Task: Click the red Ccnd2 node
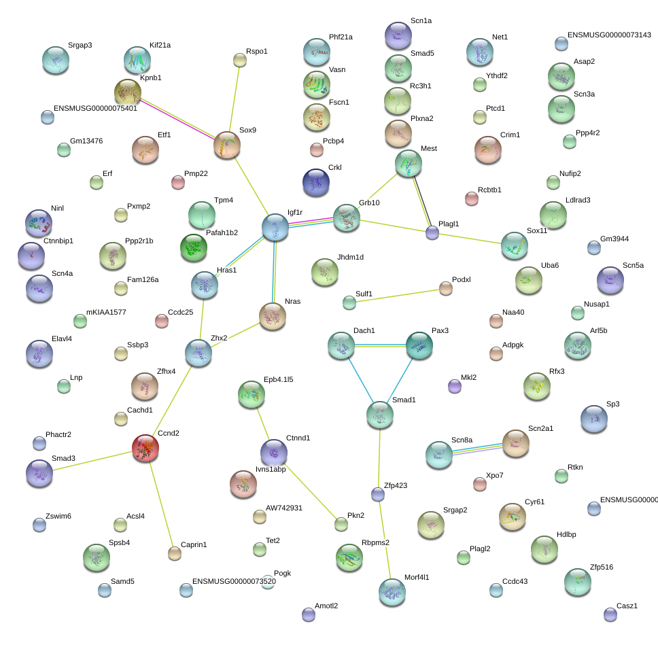[x=145, y=448]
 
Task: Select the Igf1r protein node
[x=275, y=227]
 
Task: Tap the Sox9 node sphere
[x=227, y=145]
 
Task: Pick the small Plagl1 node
[x=432, y=232]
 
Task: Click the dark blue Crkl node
[x=316, y=182]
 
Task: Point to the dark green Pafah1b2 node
[x=194, y=247]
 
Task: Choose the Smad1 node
[x=380, y=415]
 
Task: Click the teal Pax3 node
[x=419, y=345]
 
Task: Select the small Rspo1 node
[x=240, y=60]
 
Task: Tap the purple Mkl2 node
[x=455, y=386]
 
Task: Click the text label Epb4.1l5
[x=278, y=379]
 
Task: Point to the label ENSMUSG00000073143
[x=609, y=35]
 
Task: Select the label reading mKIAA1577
[x=106, y=312]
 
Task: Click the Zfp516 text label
[x=602, y=567]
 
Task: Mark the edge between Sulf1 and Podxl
[x=398, y=296]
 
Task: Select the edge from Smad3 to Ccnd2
[x=92, y=460]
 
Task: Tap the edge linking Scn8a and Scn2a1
[x=478, y=449]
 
